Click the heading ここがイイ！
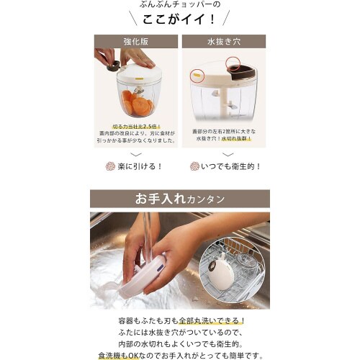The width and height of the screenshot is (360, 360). point(179,19)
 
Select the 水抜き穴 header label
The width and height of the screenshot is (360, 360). point(223,42)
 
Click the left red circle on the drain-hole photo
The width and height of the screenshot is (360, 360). point(197,76)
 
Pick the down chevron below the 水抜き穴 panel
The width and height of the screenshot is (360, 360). point(225,154)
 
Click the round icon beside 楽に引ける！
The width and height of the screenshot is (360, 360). point(110,166)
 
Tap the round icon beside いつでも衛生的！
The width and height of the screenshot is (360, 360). point(194,166)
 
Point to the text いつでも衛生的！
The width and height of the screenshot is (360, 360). point(231,166)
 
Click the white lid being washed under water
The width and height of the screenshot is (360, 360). point(143,274)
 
